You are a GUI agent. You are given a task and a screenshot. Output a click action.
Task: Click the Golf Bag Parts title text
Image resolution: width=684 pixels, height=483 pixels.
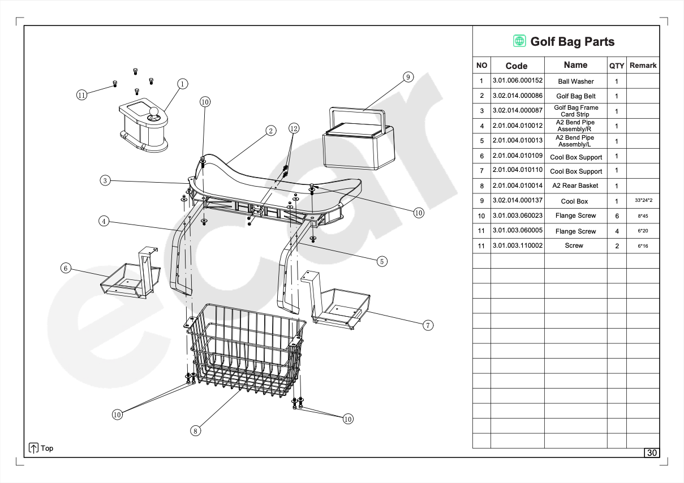pyautogui.click(x=572, y=41)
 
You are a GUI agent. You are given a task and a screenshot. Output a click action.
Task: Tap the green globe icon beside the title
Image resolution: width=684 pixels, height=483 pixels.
pyautogui.click(x=519, y=41)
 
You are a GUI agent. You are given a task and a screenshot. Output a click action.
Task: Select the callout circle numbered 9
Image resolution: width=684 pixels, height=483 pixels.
pyautogui.click(x=408, y=77)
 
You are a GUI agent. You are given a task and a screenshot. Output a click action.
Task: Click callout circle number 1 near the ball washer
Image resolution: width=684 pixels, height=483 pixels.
pyautogui.click(x=182, y=84)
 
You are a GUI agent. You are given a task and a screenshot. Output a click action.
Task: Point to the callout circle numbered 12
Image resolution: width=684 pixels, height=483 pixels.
pyautogui.click(x=293, y=128)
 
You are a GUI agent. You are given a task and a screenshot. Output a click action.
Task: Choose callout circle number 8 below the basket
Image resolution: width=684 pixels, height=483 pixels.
pyautogui.click(x=195, y=431)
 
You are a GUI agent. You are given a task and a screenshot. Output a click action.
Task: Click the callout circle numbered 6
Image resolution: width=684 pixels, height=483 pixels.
pyautogui.click(x=66, y=268)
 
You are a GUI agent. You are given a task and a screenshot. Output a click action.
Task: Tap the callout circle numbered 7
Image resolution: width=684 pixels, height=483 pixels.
pyautogui.click(x=428, y=325)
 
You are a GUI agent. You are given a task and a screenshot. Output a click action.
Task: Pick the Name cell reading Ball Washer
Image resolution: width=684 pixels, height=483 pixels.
pyautogui.click(x=575, y=81)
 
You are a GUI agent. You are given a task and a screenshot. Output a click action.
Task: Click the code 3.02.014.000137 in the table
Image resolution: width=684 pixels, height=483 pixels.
pyautogui.click(x=517, y=201)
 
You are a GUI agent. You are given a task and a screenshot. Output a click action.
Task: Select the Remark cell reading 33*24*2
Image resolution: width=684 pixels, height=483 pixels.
pyautogui.click(x=643, y=201)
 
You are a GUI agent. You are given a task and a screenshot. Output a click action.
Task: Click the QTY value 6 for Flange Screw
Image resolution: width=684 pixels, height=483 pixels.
pyautogui.click(x=617, y=216)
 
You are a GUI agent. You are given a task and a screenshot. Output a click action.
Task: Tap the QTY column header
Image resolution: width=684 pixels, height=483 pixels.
pyautogui.click(x=617, y=66)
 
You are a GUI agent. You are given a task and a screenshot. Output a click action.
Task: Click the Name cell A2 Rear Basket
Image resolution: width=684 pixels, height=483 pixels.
pyautogui.click(x=575, y=186)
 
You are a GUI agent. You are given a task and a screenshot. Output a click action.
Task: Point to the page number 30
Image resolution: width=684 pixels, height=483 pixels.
pyautogui.click(x=652, y=453)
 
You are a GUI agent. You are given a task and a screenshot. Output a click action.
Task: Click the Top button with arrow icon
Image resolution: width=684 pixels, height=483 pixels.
pyautogui.click(x=41, y=448)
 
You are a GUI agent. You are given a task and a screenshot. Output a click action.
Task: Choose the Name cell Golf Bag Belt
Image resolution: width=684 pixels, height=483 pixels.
pyautogui.click(x=575, y=96)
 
